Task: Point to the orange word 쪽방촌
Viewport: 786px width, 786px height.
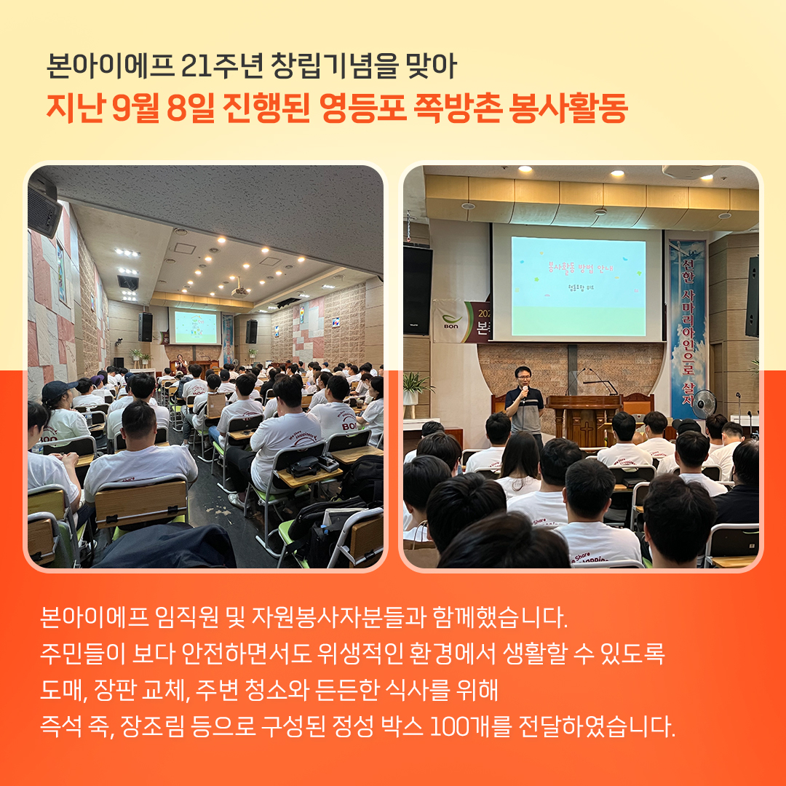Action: click(457, 108)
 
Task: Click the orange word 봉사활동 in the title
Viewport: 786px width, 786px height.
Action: click(568, 108)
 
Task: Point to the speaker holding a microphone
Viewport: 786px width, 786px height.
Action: click(524, 401)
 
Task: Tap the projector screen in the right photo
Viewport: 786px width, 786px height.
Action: click(578, 286)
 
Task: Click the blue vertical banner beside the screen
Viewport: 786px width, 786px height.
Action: click(687, 328)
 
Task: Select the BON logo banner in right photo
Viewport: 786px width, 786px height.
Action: click(461, 321)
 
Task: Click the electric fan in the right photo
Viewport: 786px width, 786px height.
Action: click(704, 404)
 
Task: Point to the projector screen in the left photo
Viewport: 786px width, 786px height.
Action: click(196, 327)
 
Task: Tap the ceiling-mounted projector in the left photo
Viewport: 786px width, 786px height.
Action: click(240, 290)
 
